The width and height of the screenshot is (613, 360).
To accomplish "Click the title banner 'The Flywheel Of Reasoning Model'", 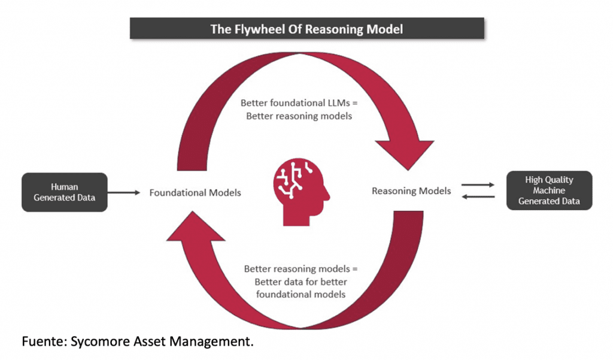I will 306,29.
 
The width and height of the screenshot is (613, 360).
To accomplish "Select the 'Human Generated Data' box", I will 64,192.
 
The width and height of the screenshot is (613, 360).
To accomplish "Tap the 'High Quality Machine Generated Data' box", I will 549,190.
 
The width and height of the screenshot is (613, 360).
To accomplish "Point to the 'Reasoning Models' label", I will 411,191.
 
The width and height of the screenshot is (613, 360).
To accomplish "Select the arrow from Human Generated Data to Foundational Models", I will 123,193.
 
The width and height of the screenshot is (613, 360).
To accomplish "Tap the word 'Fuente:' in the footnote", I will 43,342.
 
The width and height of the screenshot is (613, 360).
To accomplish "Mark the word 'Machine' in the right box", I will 549,190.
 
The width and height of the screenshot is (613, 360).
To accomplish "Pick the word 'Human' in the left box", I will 64,187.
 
